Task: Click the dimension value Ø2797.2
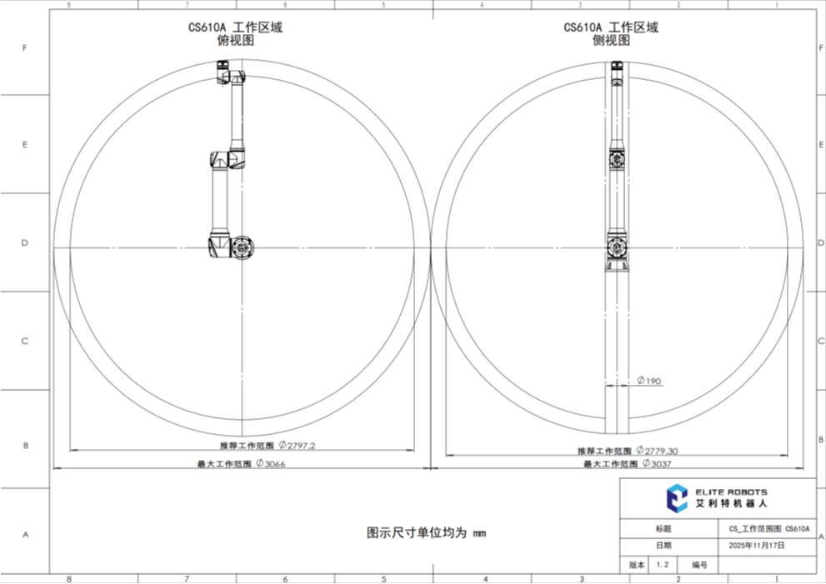point(297,446)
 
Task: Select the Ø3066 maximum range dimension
point(271,464)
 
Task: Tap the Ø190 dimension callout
point(649,381)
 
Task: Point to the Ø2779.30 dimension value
point(657,451)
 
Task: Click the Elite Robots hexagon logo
point(677,498)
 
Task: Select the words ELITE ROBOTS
point(731,492)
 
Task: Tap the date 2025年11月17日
point(757,546)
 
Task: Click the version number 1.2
point(662,565)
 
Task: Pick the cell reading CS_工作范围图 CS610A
point(769,529)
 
